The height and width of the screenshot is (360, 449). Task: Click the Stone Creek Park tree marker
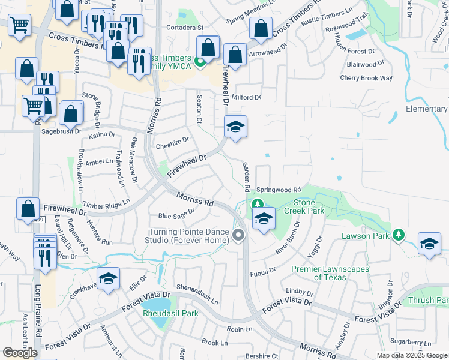tap(258, 205)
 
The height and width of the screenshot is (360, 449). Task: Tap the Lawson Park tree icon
tap(398, 234)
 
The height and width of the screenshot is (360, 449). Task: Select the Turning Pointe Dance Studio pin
tap(238, 235)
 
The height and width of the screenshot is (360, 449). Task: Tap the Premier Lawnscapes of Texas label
tap(330, 273)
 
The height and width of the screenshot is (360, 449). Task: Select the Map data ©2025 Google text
tap(412, 355)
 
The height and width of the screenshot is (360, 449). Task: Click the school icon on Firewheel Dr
tap(236, 127)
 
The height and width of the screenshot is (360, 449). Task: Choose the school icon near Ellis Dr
tap(108, 279)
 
